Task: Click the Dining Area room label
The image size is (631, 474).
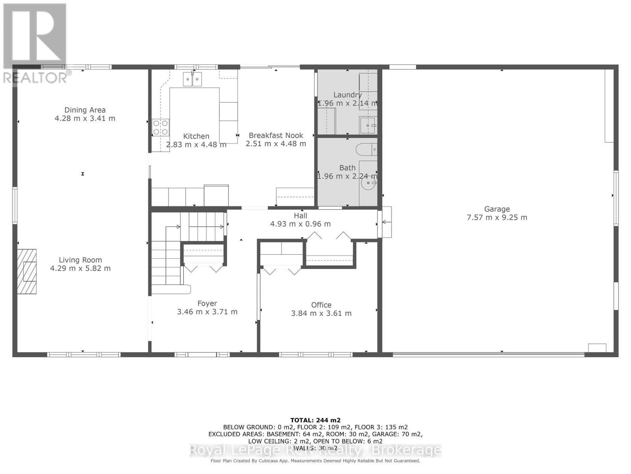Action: tap(85, 110)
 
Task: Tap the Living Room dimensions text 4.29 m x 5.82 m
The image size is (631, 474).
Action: tap(80, 268)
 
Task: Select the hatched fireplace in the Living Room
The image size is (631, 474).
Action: tap(27, 271)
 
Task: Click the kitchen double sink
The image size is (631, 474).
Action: tap(192, 79)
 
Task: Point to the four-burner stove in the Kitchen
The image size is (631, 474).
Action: tap(161, 128)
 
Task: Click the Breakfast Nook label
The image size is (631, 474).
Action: tap(276, 135)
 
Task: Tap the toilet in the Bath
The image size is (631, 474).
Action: tap(366, 149)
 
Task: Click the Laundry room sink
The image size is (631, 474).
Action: tap(368, 125)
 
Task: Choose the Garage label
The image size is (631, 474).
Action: tap(497, 209)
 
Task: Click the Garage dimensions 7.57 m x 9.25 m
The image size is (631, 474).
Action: tap(497, 217)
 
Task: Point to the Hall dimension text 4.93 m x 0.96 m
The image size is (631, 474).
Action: tap(300, 224)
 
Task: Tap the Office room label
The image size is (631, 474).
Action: tap(321, 305)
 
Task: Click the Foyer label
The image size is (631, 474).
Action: tap(207, 303)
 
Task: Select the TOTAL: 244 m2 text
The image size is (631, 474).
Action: tap(315, 420)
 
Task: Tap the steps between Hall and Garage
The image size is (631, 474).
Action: tap(385, 222)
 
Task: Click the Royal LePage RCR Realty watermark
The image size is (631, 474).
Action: tap(315, 450)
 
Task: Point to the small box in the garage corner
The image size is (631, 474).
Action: tap(597, 348)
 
